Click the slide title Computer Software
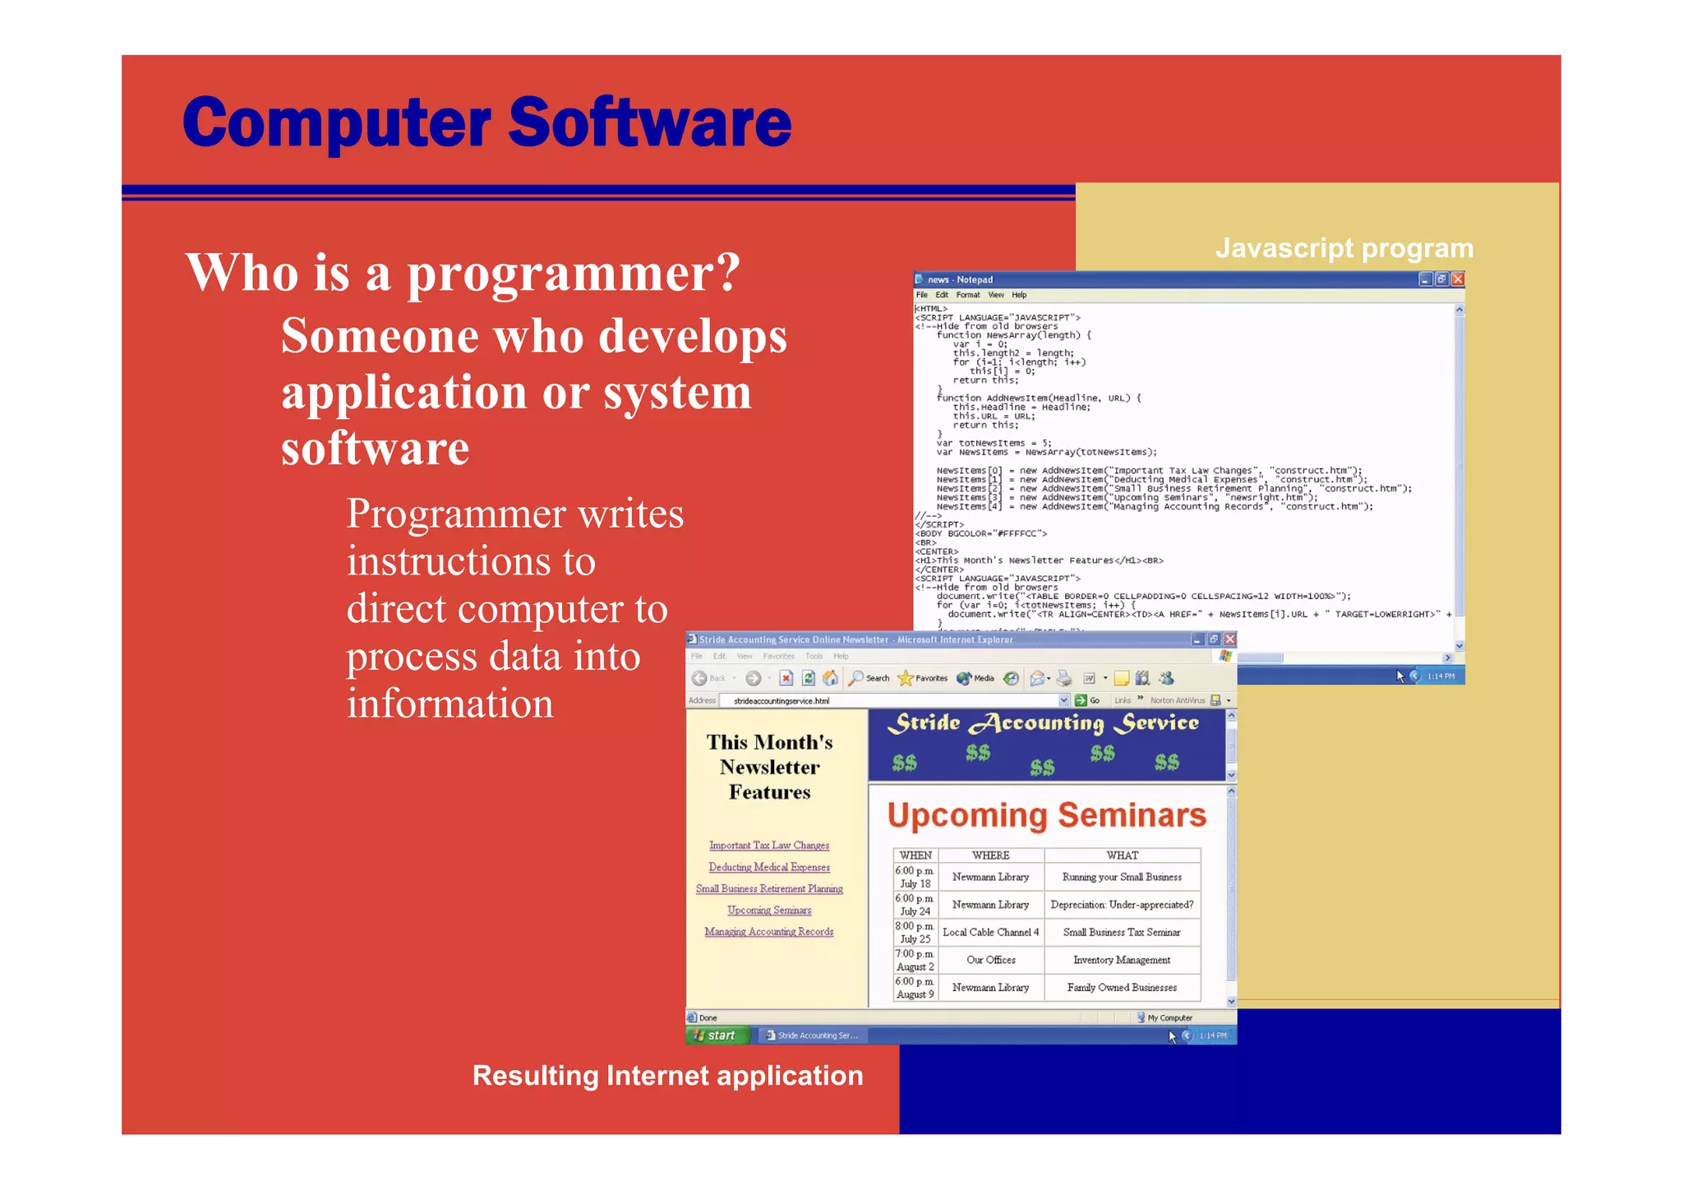[x=486, y=122]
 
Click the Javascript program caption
[x=1344, y=248]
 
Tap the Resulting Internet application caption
[x=667, y=1076]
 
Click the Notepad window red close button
[x=1458, y=279]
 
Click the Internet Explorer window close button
[x=1229, y=639]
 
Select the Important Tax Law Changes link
[x=769, y=846]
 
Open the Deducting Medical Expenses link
[x=769, y=867]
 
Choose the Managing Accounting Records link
[x=769, y=932]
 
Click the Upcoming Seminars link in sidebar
[x=769, y=911]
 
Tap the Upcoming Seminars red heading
[x=1046, y=815]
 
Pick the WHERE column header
[x=990, y=856]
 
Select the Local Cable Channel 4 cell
[x=990, y=933]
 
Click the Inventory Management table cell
[x=1122, y=960]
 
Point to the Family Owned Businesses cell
[x=1122, y=988]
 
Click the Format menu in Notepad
[x=967, y=295]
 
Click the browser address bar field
[x=892, y=701]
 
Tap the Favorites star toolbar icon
[x=906, y=678]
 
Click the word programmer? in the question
[x=574, y=273]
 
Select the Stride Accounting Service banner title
[x=1046, y=723]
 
